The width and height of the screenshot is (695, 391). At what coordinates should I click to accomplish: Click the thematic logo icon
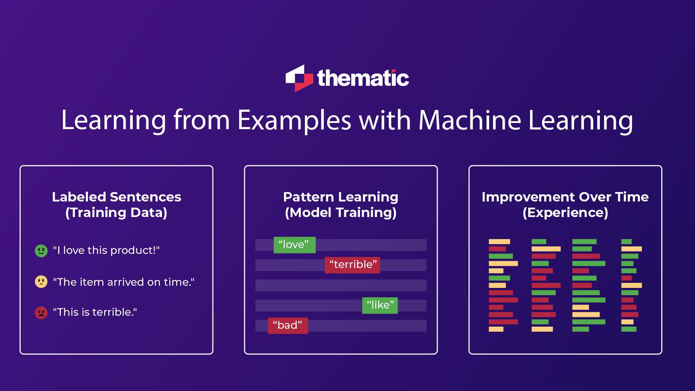pyautogui.click(x=299, y=78)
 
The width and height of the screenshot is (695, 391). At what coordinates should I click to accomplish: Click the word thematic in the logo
pyautogui.click(x=363, y=78)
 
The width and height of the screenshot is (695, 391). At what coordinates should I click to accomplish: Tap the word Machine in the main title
pyautogui.click(x=470, y=120)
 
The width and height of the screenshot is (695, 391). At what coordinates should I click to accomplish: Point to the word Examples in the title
pyautogui.click(x=294, y=120)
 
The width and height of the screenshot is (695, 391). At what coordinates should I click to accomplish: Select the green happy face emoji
pyautogui.click(x=41, y=251)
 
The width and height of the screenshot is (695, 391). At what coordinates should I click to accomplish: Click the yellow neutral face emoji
pyautogui.click(x=41, y=282)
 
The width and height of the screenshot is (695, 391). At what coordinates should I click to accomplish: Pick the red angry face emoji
pyautogui.click(x=41, y=313)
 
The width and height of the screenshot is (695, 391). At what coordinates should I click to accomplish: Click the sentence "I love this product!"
pyautogui.click(x=106, y=250)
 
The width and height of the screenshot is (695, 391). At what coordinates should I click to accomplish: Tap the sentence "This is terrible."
pyautogui.click(x=95, y=312)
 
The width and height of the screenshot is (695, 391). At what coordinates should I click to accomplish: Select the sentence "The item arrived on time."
pyautogui.click(x=124, y=282)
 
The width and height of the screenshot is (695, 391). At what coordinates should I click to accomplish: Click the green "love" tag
pyautogui.click(x=294, y=245)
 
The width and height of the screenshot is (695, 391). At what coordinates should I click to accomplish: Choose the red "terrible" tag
pyautogui.click(x=352, y=265)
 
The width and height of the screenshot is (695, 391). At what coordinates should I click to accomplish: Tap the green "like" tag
pyautogui.click(x=380, y=305)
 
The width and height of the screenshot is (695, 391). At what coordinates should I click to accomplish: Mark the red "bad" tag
pyautogui.click(x=288, y=326)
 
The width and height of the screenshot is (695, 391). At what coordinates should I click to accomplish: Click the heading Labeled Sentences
pyautogui.click(x=116, y=197)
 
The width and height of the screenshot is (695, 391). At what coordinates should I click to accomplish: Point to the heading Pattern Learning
pyautogui.click(x=340, y=197)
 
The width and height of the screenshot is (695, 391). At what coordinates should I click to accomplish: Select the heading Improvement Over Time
pyautogui.click(x=565, y=197)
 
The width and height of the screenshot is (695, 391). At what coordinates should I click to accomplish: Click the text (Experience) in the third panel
pyautogui.click(x=565, y=213)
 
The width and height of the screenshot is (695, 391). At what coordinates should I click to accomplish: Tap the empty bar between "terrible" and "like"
pyautogui.click(x=340, y=285)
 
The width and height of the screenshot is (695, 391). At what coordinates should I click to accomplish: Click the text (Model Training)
pyautogui.click(x=340, y=213)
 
